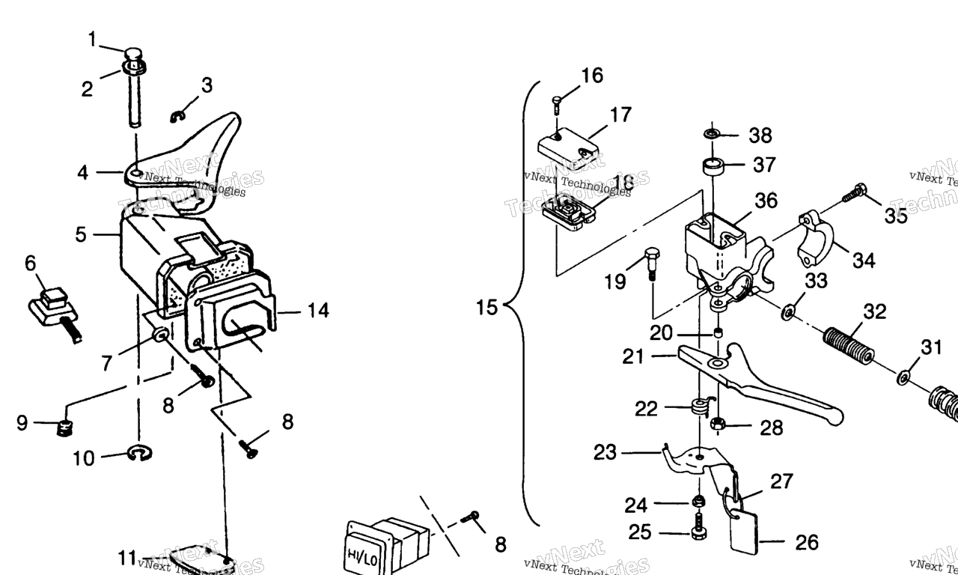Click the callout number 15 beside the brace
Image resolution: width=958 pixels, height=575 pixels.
coord(486,307)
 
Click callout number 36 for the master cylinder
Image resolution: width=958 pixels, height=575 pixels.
coord(766,201)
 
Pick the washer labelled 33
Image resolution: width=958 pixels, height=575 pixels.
coord(789,310)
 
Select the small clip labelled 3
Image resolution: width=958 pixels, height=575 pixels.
coord(177,115)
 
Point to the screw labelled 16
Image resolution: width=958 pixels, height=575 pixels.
coord(557,102)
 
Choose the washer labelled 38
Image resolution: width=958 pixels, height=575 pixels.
coord(712,134)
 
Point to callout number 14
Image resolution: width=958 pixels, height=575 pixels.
coord(318,309)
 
